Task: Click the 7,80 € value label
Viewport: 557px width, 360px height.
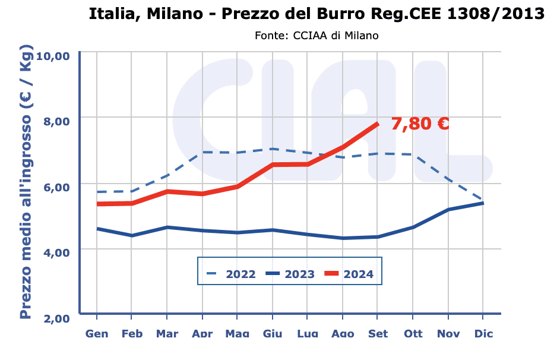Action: coord(419,124)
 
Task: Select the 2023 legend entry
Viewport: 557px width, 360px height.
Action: coord(290,274)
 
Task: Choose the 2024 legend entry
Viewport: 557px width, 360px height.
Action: coord(349,274)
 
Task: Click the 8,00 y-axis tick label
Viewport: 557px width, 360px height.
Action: coord(57,121)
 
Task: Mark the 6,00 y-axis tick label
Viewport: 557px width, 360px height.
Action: coord(57,186)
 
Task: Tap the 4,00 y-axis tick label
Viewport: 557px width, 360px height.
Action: coord(57,252)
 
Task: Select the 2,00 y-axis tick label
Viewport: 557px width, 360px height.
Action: coord(57,318)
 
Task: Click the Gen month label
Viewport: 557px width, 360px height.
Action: coord(97,334)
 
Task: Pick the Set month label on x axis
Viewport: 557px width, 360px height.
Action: coord(378,334)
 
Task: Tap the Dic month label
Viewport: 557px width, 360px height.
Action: coord(483,334)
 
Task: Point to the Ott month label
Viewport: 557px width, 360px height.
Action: coord(413,334)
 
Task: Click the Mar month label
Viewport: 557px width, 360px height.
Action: coord(167,334)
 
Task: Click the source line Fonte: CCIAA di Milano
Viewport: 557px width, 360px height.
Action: coord(317,36)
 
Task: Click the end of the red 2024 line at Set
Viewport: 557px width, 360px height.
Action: coord(377,124)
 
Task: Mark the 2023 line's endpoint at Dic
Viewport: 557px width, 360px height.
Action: coord(483,203)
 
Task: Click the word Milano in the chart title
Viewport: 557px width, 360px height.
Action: coord(173,14)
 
